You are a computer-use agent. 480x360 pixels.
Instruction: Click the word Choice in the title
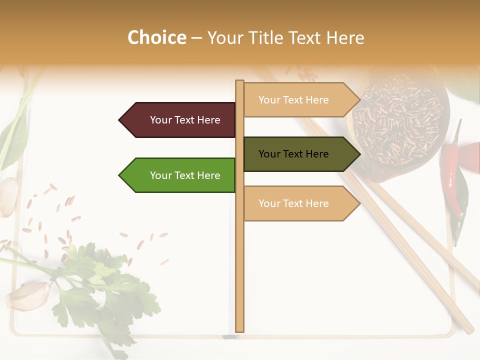[156, 38]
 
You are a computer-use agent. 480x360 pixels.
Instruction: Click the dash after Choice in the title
[196, 38]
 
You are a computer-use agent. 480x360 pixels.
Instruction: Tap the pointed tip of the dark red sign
[120, 120]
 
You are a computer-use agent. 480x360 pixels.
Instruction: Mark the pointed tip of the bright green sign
[120, 175]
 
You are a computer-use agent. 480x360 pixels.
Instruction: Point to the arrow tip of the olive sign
[359, 154]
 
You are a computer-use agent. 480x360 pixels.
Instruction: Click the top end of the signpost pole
[239, 82]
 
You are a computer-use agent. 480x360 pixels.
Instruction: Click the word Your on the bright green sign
[160, 175]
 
